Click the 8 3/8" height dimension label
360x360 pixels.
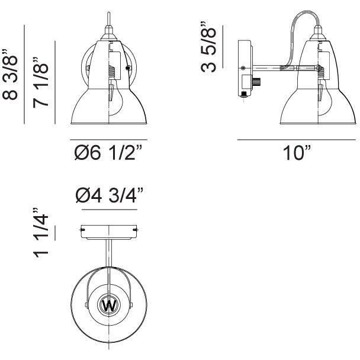click(10, 75)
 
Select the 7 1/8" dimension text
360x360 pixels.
click(41, 82)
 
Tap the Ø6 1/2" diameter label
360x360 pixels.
click(108, 153)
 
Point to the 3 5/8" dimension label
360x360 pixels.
click(208, 47)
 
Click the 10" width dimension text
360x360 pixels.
click(297, 153)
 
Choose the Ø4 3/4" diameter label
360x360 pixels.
click(110, 195)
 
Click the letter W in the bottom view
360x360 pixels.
click(109, 306)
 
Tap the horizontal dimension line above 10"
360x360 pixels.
click(297, 140)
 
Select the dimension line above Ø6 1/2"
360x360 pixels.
click(108, 140)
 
